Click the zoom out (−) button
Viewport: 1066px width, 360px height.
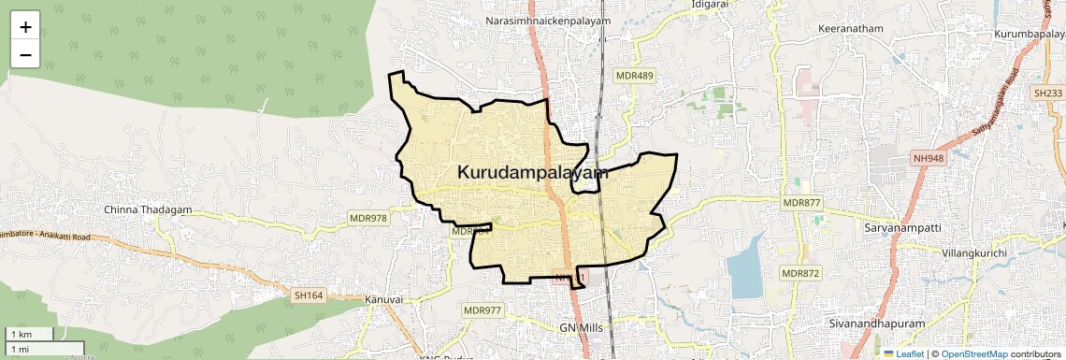tap(25, 55)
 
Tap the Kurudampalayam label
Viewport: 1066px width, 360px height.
tap(533, 172)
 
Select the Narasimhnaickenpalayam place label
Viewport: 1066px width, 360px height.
tap(547, 21)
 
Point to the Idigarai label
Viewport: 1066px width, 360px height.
tap(710, 4)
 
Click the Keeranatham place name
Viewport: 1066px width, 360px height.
tap(850, 29)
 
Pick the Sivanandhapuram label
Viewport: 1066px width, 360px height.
tap(876, 324)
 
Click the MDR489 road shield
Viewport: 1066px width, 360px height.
tap(634, 74)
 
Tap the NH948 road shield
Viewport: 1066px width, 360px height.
tap(931, 160)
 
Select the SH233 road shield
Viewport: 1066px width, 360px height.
tap(1048, 94)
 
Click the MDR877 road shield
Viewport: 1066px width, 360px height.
tap(800, 203)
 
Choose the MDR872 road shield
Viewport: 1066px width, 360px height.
tap(800, 273)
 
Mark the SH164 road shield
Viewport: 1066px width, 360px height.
tap(308, 295)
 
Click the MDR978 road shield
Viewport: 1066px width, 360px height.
tap(367, 218)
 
